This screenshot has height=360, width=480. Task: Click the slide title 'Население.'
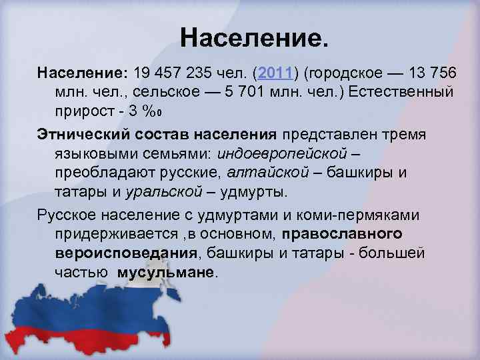tap(254, 38)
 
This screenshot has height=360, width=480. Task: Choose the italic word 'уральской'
tap(172, 192)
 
